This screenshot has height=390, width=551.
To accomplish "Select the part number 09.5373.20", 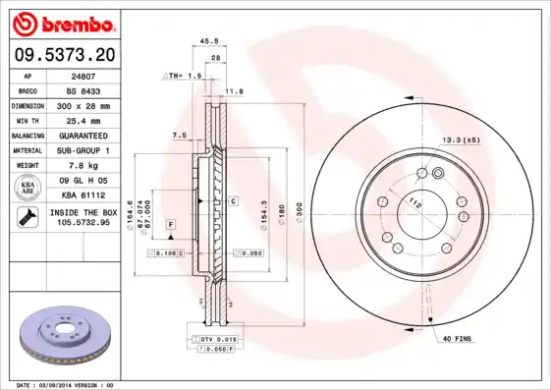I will (64, 54).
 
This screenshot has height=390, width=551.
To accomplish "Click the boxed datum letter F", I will (170, 226).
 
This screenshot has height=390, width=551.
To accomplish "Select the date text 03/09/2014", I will (67, 385).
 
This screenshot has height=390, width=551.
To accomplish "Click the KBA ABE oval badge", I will (28, 187).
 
